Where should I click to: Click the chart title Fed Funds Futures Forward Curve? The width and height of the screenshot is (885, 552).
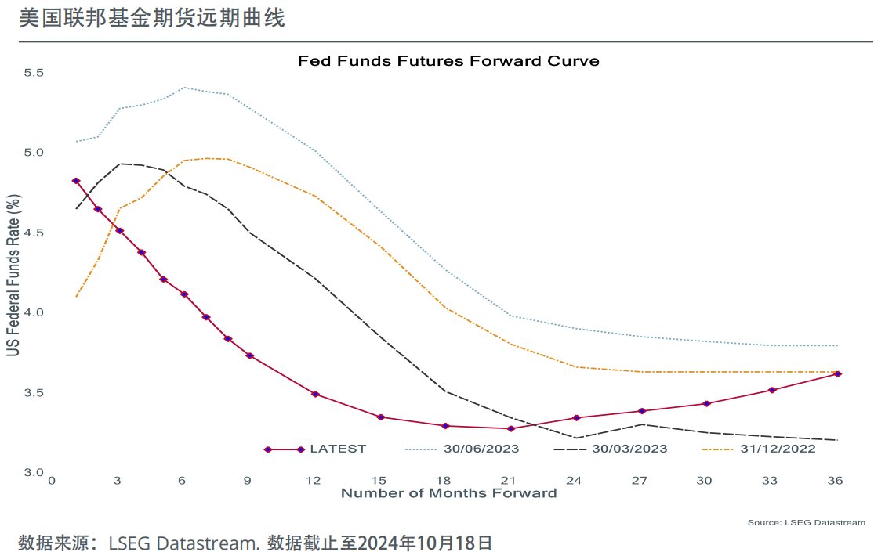(448, 60)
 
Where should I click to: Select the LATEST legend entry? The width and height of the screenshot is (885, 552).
(338, 449)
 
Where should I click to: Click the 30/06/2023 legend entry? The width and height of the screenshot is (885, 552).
(481, 449)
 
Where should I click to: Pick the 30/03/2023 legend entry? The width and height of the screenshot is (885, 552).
(629, 449)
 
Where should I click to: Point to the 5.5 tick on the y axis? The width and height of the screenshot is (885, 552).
(34, 73)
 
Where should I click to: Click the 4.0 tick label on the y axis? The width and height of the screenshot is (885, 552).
(34, 312)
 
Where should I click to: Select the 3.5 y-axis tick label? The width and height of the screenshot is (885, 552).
(34, 392)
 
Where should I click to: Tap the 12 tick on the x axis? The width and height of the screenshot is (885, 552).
(314, 480)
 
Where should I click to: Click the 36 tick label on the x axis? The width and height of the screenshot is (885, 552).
(836, 480)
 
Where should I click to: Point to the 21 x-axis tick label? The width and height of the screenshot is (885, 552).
(510, 480)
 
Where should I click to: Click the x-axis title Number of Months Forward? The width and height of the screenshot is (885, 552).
(448, 493)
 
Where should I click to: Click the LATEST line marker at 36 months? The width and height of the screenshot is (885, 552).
(838, 374)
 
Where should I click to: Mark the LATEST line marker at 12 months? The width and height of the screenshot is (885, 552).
(315, 394)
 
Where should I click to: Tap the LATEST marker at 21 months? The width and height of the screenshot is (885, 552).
(511, 428)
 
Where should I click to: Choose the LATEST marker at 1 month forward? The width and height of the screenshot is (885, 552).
(76, 181)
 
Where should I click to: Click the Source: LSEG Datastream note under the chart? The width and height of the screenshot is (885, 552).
(806, 522)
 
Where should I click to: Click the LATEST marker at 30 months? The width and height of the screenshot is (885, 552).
(707, 404)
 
